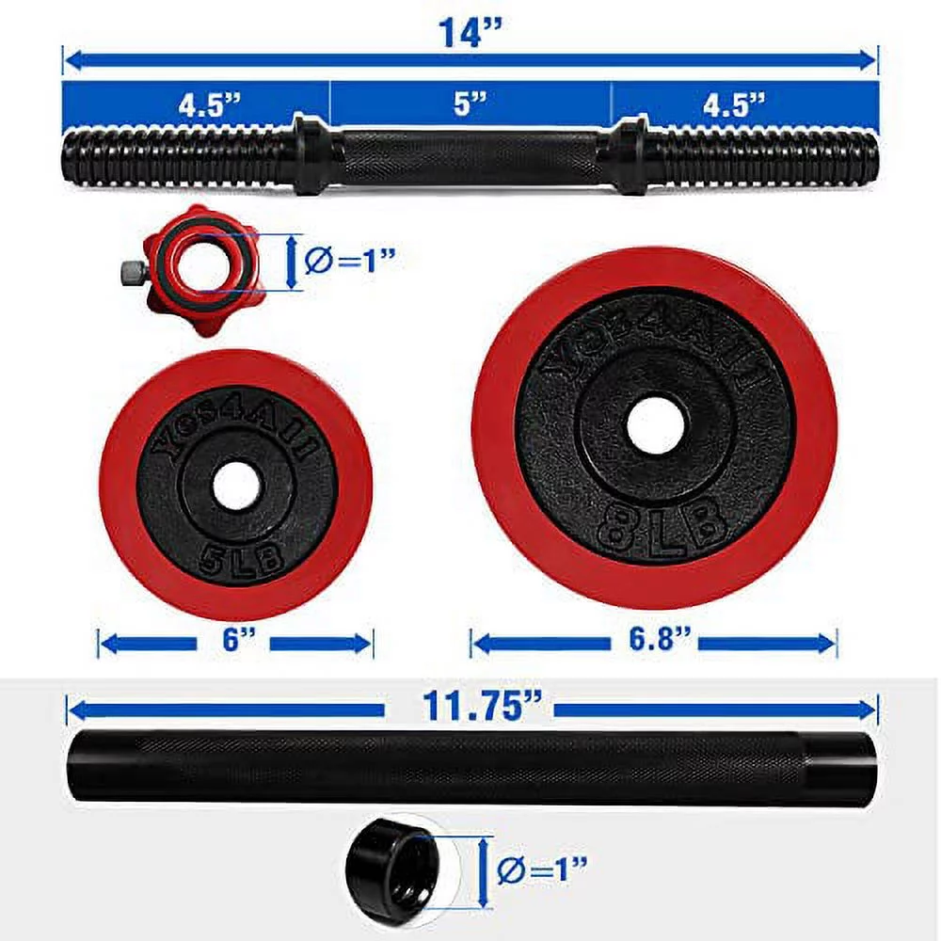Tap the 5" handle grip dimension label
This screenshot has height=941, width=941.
pyautogui.click(x=468, y=104)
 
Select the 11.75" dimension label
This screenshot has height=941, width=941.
pyautogui.click(x=470, y=707)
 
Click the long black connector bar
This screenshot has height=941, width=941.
pyautogui.click(x=470, y=766)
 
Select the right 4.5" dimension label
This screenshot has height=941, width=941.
pyautogui.click(x=734, y=104)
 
